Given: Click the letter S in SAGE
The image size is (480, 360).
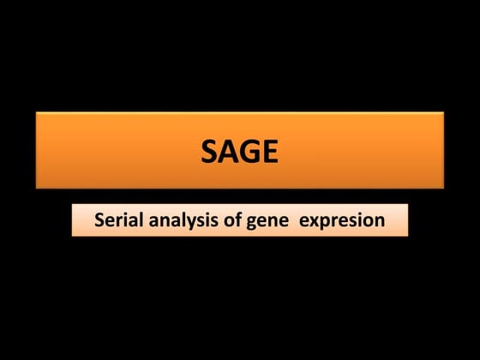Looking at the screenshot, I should (210, 152).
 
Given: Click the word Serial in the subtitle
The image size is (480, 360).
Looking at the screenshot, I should (119, 220).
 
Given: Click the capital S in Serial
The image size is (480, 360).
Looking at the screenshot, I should (99, 220).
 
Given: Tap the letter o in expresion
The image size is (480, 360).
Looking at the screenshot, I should (368, 221).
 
